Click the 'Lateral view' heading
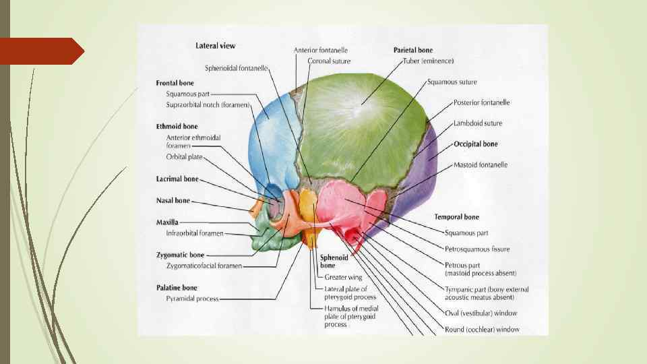click(215, 46)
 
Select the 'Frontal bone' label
click(175, 83)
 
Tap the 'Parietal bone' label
click(413, 50)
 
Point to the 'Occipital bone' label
click(475, 144)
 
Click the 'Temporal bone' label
click(457, 217)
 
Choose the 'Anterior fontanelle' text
click(321, 50)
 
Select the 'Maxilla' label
click(168, 222)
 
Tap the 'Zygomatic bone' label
click(180, 255)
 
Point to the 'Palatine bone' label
click(177, 287)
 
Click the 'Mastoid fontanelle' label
click(481, 164)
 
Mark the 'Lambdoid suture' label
click(478, 123)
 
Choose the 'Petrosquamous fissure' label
click(477, 249)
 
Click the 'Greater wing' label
click(343, 277)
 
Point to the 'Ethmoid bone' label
click(177, 126)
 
